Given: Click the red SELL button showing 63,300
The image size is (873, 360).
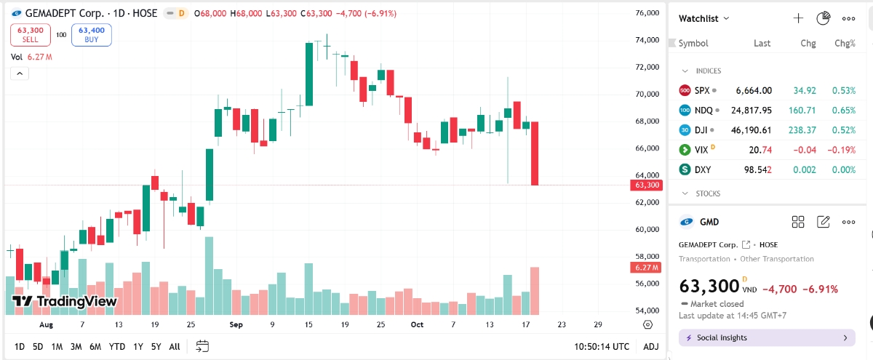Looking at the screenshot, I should point(30,34).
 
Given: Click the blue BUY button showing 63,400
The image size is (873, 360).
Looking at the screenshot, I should point(92,34).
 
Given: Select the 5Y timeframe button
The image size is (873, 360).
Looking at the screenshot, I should point(156,347).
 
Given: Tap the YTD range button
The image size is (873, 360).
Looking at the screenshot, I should point(117,347).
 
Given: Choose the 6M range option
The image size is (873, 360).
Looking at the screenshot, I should point(95,347).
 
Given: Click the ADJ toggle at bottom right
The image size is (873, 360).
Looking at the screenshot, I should point(651,347).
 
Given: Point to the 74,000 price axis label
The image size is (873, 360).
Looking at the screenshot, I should point(647,40).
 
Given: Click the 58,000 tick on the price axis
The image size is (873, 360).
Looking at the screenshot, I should point(647,256).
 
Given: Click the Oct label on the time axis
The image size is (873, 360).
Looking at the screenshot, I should point(417,324).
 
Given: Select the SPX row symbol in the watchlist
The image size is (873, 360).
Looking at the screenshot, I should point(702,91).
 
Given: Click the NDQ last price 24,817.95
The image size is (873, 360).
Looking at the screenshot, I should point(752,111).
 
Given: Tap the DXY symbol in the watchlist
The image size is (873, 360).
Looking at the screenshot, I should point(703,169).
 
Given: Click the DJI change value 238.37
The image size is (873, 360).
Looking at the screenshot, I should point(799,130).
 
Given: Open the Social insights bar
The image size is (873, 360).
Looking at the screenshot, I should point(767,337).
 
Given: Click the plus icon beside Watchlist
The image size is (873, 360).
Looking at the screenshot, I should point(798,18).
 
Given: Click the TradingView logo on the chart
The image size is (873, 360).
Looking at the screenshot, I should point(64,301).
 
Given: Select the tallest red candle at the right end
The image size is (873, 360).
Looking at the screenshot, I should point(535,153).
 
